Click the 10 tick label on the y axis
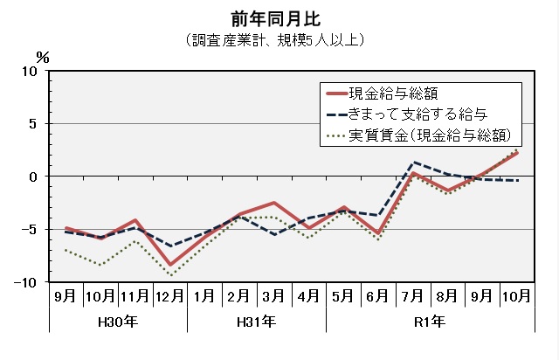click(x=30, y=72)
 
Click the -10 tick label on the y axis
click(x=28, y=282)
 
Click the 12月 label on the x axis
click(x=170, y=296)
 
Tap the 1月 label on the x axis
click(x=205, y=296)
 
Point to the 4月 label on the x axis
click(x=308, y=296)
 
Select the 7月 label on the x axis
click(x=412, y=296)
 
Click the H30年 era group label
click(x=118, y=322)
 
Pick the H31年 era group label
click(x=257, y=322)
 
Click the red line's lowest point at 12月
click(x=170, y=265)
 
